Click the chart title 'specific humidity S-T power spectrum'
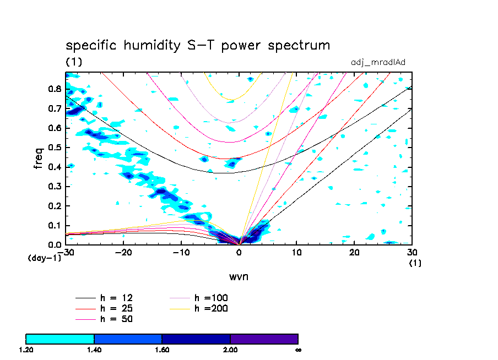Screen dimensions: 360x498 (198, 45)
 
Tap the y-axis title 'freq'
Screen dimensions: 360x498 (38, 158)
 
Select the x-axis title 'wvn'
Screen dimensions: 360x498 (239, 276)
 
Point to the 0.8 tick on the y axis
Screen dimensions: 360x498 (55, 89)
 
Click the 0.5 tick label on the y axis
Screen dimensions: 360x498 (55, 148)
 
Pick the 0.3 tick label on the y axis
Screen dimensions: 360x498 (55, 186)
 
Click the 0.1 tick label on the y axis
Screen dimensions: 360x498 (55, 225)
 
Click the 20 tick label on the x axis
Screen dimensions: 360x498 (354, 252)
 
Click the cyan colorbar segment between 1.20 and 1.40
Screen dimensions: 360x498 (60, 339)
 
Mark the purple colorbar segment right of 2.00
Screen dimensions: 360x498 (264, 339)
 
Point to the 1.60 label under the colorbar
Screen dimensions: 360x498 (162, 350)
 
